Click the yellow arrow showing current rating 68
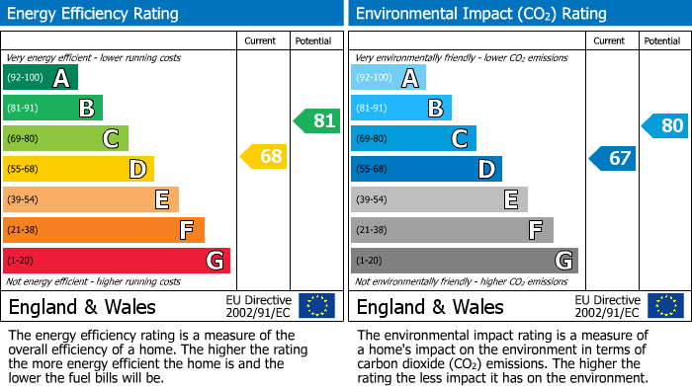[264, 156]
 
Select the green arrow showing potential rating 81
[316, 121]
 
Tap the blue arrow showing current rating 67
[612, 158]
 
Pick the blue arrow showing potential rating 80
[664, 125]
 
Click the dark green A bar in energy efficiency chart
[41, 78]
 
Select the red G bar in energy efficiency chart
[117, 261]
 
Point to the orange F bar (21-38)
[104, 230]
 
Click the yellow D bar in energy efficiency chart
[78, 169]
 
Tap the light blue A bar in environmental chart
[389, 78]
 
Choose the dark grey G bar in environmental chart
[465, 261]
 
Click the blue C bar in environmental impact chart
[413, 138]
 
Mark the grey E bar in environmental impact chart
[439, 199]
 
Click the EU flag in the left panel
[316, 305]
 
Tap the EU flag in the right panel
[664, 305]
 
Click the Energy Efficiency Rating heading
[94, 14]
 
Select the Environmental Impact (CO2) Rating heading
[480, 14]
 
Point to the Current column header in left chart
[260, 40]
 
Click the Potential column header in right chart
[662, 40]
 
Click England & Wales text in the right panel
[430, 306]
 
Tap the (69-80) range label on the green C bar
[25, 139]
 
